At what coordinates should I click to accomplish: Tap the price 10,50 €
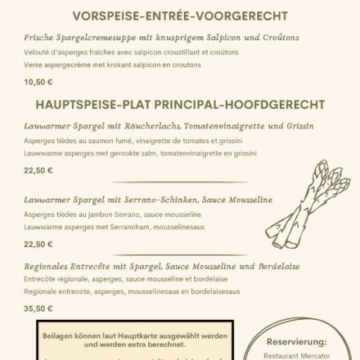click(37, 81)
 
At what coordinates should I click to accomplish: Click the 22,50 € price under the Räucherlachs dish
click(38, 170)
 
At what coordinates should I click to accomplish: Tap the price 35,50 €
click(38, 309)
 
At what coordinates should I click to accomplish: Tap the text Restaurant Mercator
click(298, 354)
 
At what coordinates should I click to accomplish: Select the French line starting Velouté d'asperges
click(112, 52)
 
